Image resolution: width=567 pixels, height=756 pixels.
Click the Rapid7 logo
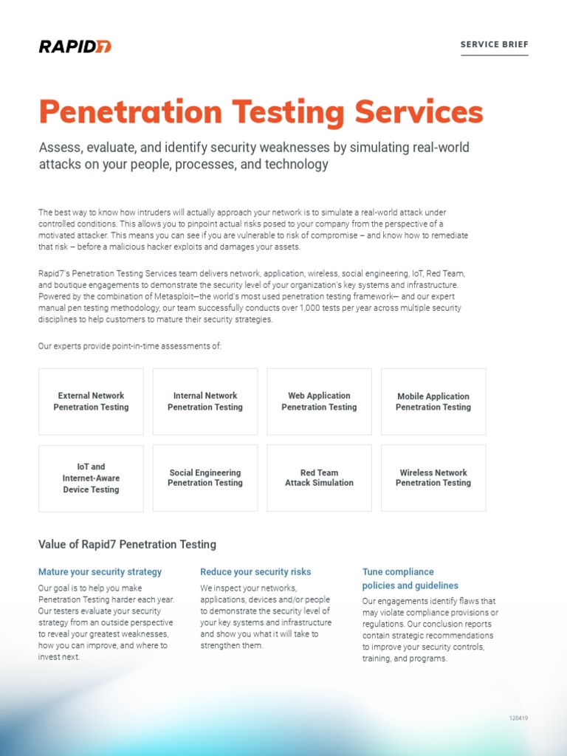click(75, 47)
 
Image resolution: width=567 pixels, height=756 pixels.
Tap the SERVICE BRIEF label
click(494, 45)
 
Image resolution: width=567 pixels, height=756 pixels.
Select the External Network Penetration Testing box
click(91, 402)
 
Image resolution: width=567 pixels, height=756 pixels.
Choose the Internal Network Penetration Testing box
click(205, 402)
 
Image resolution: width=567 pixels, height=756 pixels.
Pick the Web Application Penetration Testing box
click(319, 402)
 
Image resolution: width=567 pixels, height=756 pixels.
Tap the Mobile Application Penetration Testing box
click(433, 402)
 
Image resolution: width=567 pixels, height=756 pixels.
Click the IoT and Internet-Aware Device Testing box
click(91, 478)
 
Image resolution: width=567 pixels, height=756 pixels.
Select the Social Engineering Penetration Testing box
click(205, 478)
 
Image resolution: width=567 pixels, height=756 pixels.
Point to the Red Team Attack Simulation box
click(319, 478)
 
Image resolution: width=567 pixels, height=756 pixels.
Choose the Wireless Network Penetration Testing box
click(433, 478)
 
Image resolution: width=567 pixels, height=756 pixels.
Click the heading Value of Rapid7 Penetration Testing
click(127, 545)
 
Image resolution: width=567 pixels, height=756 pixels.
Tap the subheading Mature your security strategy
click(100, 572)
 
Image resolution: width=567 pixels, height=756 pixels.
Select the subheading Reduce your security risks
click(255, 572)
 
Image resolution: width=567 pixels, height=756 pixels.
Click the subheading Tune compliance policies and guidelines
click(410, 579)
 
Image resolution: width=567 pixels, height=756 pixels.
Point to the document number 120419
click(518, 718)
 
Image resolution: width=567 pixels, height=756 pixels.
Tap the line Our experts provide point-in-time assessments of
click(130, 346)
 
